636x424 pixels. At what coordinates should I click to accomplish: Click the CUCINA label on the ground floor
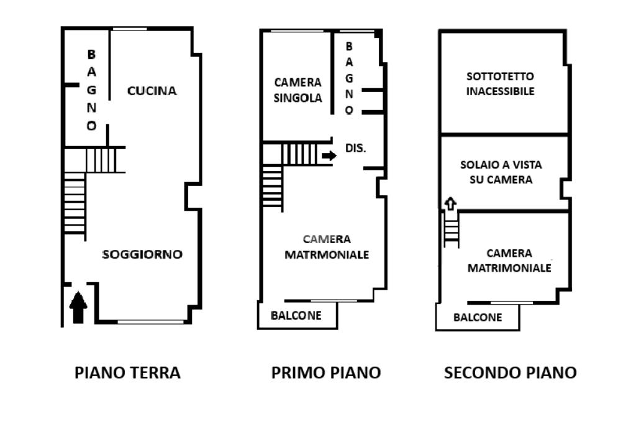[x=152, y=91]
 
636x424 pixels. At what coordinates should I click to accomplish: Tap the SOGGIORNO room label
[x=142, y=254]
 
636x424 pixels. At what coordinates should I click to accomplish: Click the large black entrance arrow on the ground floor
[x=78, y=308]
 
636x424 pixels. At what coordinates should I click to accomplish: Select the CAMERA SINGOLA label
[x=298, y=90]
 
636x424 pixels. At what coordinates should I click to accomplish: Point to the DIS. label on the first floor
[x=355, y=148]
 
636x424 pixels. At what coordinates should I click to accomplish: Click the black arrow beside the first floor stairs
[x=329, y=155]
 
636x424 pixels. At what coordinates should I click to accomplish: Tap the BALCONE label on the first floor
[x=296, y=316]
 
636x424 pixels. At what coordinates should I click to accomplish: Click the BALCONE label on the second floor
[x=478, y=317]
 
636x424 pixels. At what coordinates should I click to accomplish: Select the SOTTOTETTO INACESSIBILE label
[x=500, y=84]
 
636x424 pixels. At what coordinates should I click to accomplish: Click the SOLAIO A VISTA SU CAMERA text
[x=501, y=172]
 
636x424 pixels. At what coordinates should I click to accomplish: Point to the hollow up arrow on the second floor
[x=451, y=203]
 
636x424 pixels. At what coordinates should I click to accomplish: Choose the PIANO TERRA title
[x=127, y=372]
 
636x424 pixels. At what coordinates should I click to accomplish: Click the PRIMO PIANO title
[x=325, y=372]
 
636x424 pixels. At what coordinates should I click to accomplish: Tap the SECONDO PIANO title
[x=511, y=372]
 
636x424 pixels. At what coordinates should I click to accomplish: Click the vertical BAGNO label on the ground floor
[x=92, y=90]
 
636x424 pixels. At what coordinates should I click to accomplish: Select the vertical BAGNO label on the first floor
[x=349, y=78]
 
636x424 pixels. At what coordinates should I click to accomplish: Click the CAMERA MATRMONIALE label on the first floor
[x=327, y=247]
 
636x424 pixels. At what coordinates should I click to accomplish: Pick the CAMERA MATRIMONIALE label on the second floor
[x=509, y=260]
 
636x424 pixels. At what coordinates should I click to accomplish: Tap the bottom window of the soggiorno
[x=150, y=322]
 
